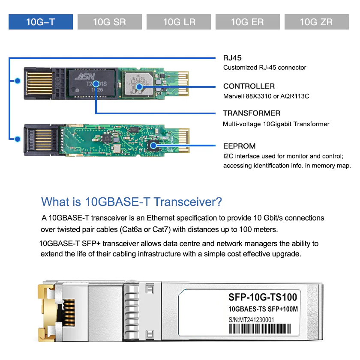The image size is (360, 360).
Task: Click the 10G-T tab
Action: coord(41,22)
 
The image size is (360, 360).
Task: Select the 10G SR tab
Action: coord(110,22)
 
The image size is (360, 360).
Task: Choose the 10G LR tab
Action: coord(179,22)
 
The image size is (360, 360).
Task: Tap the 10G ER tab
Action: coord(248,22)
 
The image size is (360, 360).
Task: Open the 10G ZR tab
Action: coord(317,22)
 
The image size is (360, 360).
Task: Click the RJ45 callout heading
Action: coord(232,58)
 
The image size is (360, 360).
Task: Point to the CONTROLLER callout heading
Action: coord(249,86)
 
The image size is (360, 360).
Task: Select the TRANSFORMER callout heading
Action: coord(252,113)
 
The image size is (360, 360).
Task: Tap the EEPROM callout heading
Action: coord(239,146)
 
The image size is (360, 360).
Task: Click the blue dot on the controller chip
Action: coord(139,87)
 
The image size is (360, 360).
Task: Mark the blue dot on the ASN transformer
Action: coord(96,84)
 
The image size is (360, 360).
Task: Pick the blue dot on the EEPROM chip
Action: coord(153,146)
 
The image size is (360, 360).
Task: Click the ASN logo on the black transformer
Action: coord(85,77)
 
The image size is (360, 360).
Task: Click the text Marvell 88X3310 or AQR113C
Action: coord(266,96)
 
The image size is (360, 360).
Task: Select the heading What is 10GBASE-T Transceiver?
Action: coord(132,202)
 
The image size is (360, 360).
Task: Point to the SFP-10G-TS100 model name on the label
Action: coord(263,297)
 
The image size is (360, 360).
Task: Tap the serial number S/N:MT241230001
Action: coord(251,320)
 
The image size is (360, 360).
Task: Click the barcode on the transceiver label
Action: coord(260,329)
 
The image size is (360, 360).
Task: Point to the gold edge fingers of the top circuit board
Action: coord(183,83)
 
